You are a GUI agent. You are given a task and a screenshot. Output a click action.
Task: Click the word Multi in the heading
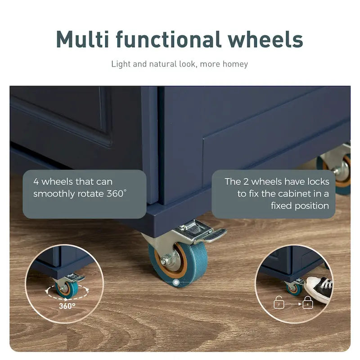[x=83, y=39]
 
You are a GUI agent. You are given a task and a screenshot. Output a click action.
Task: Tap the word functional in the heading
[x=169, y=39]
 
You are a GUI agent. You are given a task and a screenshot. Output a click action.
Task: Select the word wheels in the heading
[x=265, y=39]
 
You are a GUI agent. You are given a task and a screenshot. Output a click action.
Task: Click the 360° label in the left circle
[x=67, y=306]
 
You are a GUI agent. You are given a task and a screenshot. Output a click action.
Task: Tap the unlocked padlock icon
[x=279, y=302]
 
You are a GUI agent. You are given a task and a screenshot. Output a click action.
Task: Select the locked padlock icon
[x=308, y=302]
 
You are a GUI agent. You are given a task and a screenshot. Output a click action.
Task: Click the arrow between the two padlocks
[x=293, y=304]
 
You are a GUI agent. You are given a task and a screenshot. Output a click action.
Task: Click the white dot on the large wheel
[x=176, y=283]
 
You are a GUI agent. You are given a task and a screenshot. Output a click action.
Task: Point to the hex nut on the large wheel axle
[x=164, y=261]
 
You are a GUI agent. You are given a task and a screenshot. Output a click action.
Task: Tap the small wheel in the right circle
[x=294, y=290]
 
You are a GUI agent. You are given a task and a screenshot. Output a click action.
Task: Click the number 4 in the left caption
[x=36, y=182]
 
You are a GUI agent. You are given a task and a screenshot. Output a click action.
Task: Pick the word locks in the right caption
[x=318, y=182]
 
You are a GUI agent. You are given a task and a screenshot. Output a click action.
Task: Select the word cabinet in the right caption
[x=294, y=194]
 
